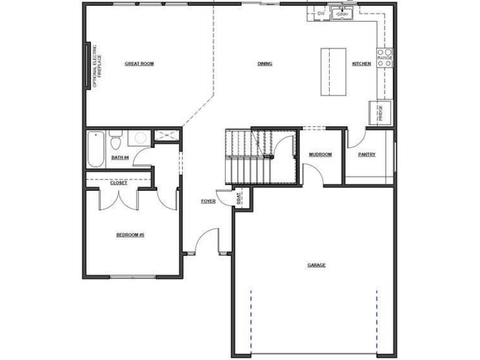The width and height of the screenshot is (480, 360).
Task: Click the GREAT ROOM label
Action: click(x=139, y=63)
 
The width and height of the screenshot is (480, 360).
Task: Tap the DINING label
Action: click(x=265, y=63)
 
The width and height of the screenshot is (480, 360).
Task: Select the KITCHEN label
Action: click(x=362, y=63)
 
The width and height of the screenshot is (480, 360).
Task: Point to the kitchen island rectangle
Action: click(x=333, y=72)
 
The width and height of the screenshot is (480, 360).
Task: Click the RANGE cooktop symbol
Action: click(x=385, y=58)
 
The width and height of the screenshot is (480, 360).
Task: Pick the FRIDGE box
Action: click(x=380, y=113)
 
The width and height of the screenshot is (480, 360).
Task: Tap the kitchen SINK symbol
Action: click(x=342, y=14)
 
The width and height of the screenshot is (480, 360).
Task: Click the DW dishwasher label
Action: click(x=321, y=14)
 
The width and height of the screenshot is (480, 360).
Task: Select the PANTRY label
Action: click(x=366, y=155)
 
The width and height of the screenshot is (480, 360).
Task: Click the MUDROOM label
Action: click(x=320, y=155)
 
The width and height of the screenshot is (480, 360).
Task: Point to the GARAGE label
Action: click(x=316, y=265)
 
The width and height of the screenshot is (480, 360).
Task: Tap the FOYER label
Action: click(x=208, y=201)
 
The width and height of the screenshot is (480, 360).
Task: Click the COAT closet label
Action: click(x=238, y=198)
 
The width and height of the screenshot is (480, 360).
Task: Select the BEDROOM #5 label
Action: click(x=130, y=235)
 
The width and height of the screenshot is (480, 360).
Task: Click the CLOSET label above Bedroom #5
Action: click(x=118, y=183)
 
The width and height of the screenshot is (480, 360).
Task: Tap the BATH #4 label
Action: click(x=120, y=158)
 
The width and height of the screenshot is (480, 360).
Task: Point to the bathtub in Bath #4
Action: click(x=96, y=149)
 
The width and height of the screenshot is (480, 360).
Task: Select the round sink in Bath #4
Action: click(x=140, y=138)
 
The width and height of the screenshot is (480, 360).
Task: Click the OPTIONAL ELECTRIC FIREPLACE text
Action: click(x=97, y=66)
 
